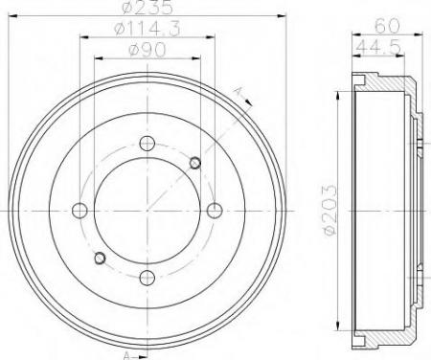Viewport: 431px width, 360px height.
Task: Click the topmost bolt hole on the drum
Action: tap(146, 144)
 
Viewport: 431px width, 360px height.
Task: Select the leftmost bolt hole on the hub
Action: tap(80, 210)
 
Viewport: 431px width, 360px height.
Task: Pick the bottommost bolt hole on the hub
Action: tap(146, 276)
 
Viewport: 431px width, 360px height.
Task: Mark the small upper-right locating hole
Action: tap(194, 161)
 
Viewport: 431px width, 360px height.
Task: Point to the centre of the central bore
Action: tap(146, 210)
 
